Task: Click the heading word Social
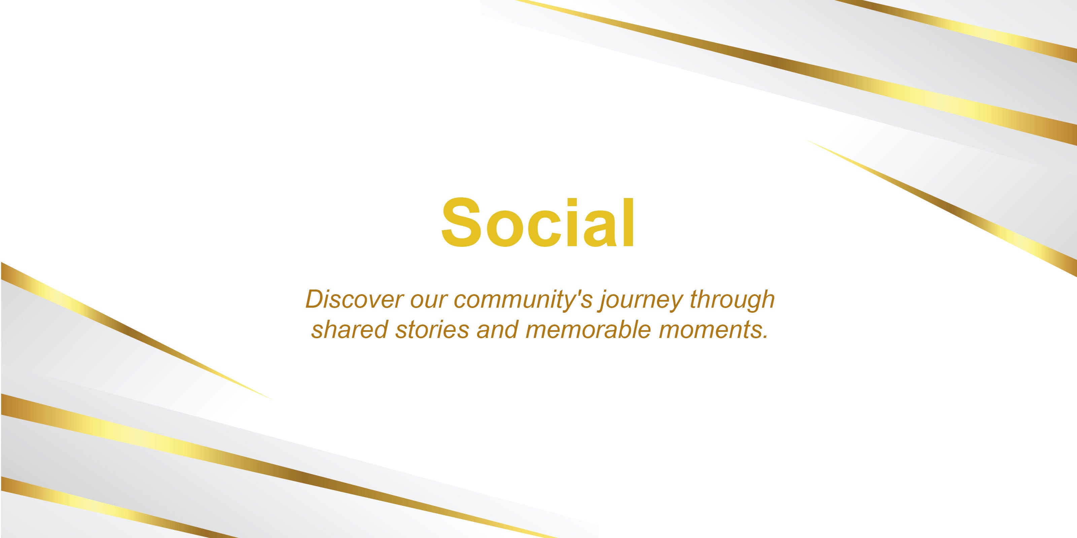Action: coord(538,222)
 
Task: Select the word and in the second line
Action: coord(497,330)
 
